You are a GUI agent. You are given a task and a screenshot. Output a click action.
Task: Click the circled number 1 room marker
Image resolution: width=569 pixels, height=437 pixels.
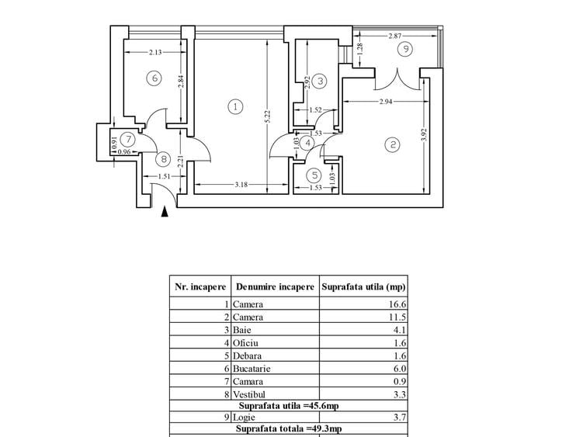coord(235,106)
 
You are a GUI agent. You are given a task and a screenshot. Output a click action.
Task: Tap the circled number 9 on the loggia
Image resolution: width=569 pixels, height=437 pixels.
coord(405,49)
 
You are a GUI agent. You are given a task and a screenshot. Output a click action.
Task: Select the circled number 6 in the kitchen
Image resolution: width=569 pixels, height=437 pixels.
coord(154,78)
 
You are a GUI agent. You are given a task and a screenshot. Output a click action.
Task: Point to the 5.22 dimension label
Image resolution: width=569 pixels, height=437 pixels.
coord(268,116)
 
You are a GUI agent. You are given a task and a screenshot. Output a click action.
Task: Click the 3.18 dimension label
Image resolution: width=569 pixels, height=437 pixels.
coord(241,185)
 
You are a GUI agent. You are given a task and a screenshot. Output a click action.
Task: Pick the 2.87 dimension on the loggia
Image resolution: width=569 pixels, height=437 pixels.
coord(395,36)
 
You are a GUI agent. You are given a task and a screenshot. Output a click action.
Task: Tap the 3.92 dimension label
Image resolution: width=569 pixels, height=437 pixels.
coord(425,135)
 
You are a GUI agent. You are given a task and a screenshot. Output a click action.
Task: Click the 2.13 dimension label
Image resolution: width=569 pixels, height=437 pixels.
coord(155,52)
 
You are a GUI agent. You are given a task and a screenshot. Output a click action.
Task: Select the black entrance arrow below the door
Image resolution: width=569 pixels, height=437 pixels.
coord(165,212)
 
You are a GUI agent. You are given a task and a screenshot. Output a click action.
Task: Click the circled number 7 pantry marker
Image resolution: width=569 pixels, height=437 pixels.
coord(127,139)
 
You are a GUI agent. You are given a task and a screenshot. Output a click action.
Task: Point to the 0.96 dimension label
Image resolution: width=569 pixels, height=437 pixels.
coord(124,152)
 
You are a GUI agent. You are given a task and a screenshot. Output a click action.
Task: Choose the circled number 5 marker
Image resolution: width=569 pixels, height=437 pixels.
coord(314,175)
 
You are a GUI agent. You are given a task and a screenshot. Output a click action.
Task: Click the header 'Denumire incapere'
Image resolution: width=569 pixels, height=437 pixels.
coord(275,286)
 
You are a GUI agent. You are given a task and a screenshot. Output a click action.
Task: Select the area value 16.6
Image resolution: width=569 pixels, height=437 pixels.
coord(397,304)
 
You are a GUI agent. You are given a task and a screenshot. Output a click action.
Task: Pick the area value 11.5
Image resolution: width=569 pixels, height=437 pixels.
coord(397,317)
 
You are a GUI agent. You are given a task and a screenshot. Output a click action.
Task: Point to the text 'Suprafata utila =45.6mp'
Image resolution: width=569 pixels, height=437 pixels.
coord(289,406)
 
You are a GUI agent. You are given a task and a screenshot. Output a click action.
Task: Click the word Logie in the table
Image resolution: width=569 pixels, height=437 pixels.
coord(244,418)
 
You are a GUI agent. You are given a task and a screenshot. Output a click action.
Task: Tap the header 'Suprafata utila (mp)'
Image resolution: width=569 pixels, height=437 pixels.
coord(363,286)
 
